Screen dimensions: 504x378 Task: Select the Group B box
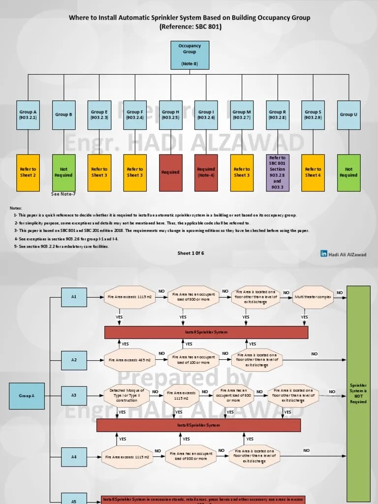[63, 115]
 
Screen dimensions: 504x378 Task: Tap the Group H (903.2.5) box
[171, 115]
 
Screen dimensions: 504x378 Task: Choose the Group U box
[349, 115]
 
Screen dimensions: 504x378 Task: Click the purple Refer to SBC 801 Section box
[277, 172]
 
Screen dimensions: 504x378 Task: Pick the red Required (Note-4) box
[206, 172]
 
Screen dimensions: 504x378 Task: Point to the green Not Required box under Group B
[63, 172]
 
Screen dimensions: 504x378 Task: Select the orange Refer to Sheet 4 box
[313, 172]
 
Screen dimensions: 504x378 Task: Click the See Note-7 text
[63, 194]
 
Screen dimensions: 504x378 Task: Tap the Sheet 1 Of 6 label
[190, 253]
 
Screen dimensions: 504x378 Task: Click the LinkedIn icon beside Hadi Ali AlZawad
[324, 253]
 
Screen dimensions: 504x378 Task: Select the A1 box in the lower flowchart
[74, 297]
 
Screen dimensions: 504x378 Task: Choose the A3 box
[74, 395]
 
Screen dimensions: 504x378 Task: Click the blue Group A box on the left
[27, 396]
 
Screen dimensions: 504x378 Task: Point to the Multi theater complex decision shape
[314, 298]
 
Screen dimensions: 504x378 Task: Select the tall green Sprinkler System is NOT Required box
[358, 394]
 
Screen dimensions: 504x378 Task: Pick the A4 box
[74, 457]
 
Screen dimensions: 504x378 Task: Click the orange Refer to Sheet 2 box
[28, 172]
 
